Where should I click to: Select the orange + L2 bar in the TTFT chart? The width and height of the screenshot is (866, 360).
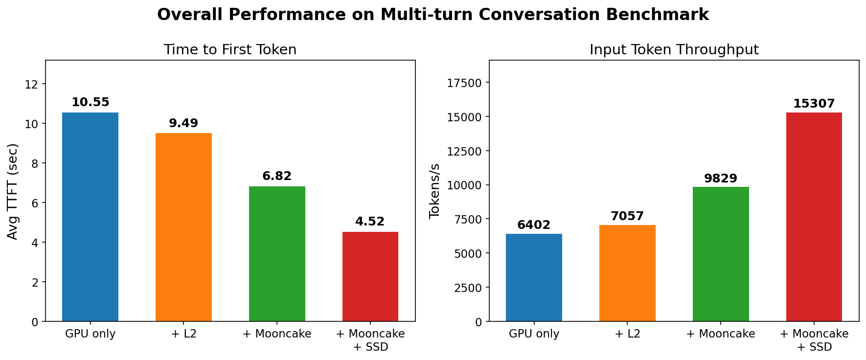(x=183, y=227)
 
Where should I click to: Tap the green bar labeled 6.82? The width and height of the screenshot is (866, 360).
(x=277, y=254)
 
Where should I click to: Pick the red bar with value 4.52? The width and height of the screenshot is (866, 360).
(x=370, y=276)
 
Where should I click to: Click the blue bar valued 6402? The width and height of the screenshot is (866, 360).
(x=534, y=277)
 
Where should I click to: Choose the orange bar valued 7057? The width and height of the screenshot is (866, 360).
(x=627, y=273)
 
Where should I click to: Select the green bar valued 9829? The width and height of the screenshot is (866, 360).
(x=721, y=254)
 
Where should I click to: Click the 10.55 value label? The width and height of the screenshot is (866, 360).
(x=90, y=103)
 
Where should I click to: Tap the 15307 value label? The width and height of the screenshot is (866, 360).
(x=814, y=104)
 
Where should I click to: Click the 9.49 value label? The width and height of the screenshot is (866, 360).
(x=183, y=123)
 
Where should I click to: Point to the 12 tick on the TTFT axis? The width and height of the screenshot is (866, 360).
(x=32, y=84)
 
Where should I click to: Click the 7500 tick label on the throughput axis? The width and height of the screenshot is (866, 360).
(x=468, y=219)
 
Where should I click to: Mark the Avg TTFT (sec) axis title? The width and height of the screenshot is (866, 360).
(x=13, y=191)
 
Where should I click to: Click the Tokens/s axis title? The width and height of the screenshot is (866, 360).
(x=434, y=191)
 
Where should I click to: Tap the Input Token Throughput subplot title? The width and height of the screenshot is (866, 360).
(x=674, y=50)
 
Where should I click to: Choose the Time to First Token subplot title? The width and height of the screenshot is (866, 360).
(x=230, y=50)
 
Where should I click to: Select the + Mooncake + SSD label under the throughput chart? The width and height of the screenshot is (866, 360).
(x=814, y=340)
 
